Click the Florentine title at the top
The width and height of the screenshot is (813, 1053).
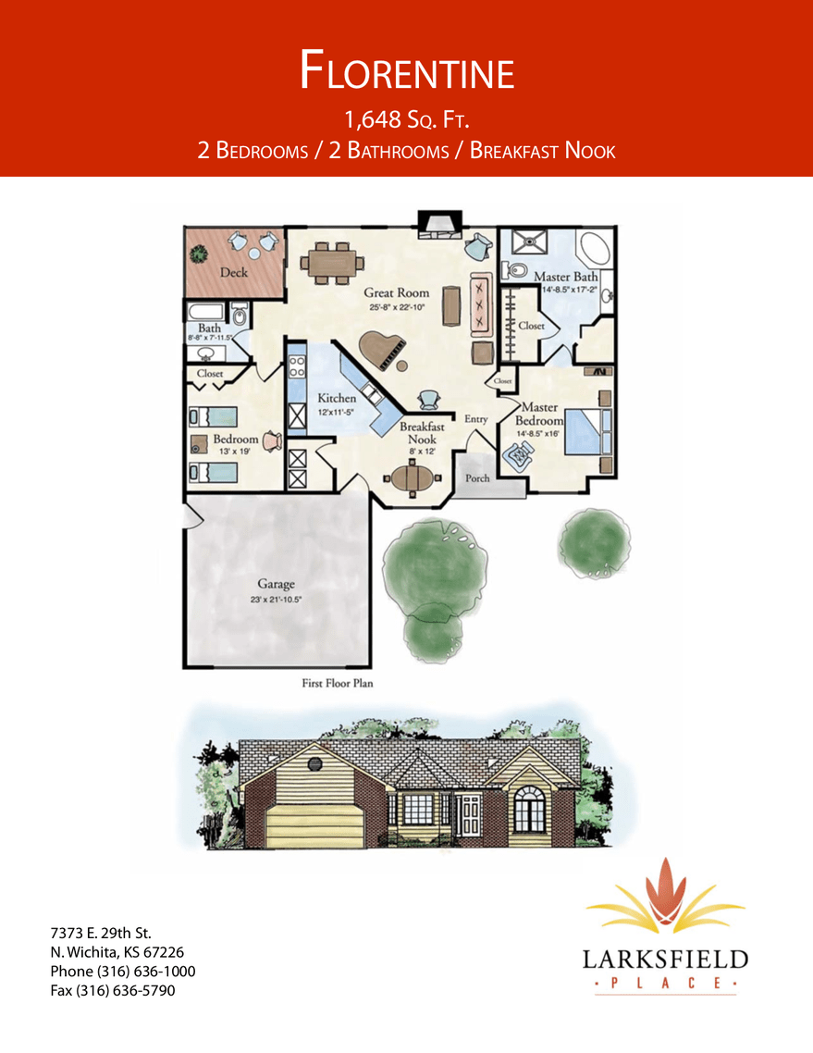[407, 69]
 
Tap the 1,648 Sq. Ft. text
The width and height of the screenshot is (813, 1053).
[406, 119]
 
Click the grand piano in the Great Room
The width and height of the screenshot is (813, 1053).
[384, 350]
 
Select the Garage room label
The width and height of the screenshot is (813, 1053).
[276, 584]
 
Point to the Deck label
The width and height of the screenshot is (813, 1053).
[234, 273]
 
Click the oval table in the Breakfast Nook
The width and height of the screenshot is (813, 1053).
[413, 478]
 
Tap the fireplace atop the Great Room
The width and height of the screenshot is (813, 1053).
[439, 224]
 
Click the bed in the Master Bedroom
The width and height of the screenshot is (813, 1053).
[588, 430]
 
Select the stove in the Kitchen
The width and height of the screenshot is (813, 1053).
[297, 366]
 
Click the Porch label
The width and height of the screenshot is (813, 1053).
[477, 478]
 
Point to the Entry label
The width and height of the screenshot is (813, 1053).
[476, 419]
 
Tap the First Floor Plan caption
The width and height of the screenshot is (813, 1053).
[337, 683]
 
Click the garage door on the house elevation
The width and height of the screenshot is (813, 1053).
[315, 825]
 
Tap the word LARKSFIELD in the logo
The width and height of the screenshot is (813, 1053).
[665, 960]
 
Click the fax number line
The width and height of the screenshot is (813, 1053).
[113, 991]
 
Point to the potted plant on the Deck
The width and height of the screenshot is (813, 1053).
[199, 254]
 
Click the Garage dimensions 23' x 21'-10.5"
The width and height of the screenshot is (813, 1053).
[276, 599]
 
